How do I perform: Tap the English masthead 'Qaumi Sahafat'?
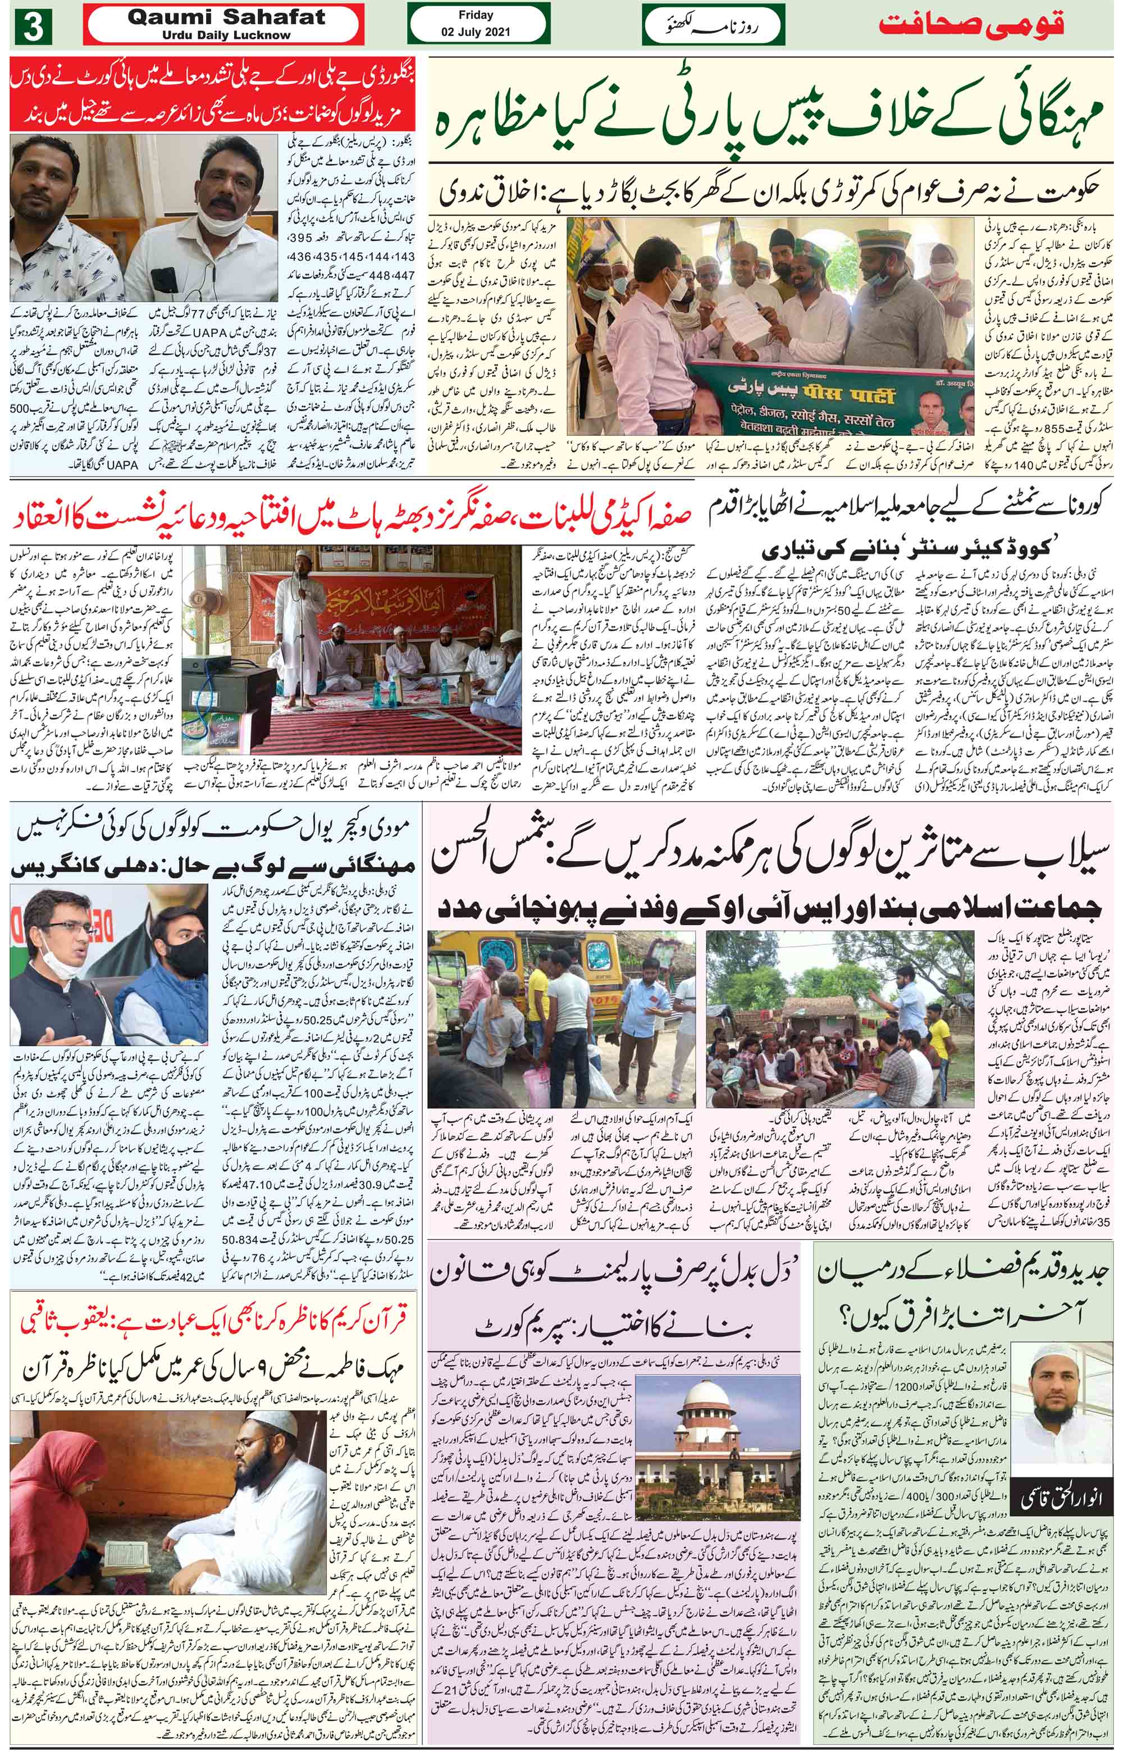coord(226,20)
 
